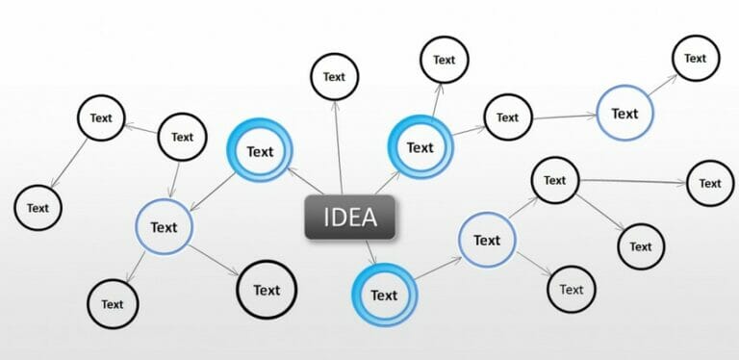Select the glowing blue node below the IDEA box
pos(384,295)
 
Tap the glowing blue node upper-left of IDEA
pos(260,151)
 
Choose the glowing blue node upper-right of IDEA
pos(420,147)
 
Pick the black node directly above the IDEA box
pos(334,77)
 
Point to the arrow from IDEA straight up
pos(337,144)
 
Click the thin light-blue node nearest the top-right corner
pos(624,114)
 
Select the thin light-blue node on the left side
pos(164,227)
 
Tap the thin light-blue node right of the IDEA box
pos(487,240)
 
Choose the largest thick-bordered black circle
pos(267,290)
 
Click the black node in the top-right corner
pos(695,58)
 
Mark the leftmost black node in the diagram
pos(38,207)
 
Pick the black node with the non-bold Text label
pos(571,289)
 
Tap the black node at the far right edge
pos(709,183)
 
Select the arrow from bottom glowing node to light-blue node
pos(436,270)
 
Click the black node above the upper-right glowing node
pos(444,60)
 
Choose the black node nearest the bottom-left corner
pos(113,304)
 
